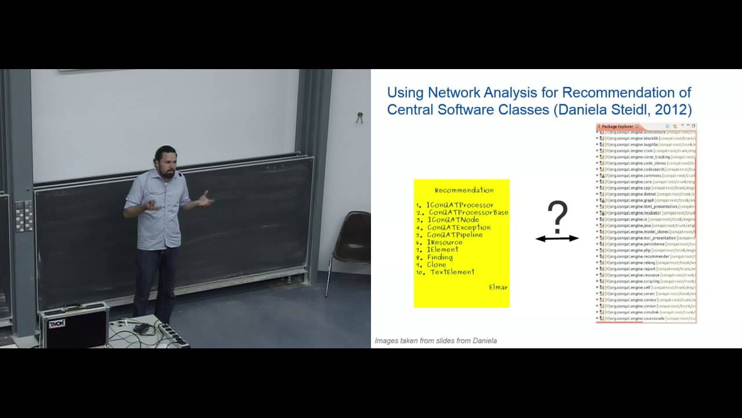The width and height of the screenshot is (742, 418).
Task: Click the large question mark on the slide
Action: coord(557,217)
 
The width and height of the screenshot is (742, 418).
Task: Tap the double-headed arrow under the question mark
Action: coord(557,238)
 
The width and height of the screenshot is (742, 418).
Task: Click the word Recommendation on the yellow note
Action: coord(464,190)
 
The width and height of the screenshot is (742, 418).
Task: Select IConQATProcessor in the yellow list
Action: coord(460,205)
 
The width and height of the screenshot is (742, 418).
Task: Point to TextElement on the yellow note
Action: coord(452,272)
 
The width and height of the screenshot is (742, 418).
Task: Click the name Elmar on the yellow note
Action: coord(498,287)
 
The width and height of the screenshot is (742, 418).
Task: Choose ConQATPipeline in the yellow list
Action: coord(454,235)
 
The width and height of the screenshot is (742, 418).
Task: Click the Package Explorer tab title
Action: coord(617,126)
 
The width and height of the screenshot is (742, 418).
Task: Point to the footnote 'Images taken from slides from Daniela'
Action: coord(435,341)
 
